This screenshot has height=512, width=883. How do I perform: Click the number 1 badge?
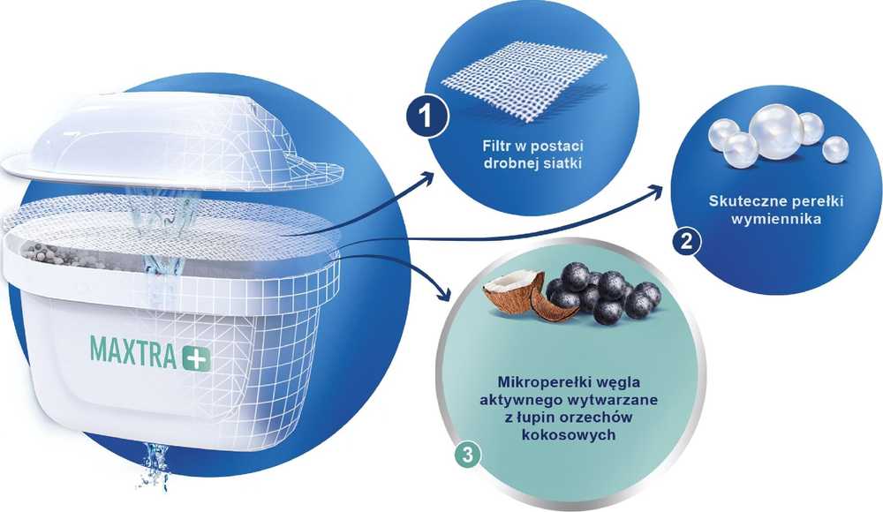[426, 117]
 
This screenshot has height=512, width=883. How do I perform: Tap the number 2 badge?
[686, 242]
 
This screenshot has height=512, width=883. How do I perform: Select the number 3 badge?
[467, 454]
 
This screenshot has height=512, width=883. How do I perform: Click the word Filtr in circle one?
[496, 146]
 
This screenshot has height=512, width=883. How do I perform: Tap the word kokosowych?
[568, 435]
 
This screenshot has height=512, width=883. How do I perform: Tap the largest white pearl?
[771, 132]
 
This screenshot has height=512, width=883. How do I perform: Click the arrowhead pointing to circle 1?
[426, 180]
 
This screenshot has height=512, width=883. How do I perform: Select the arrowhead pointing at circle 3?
[444, 293]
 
